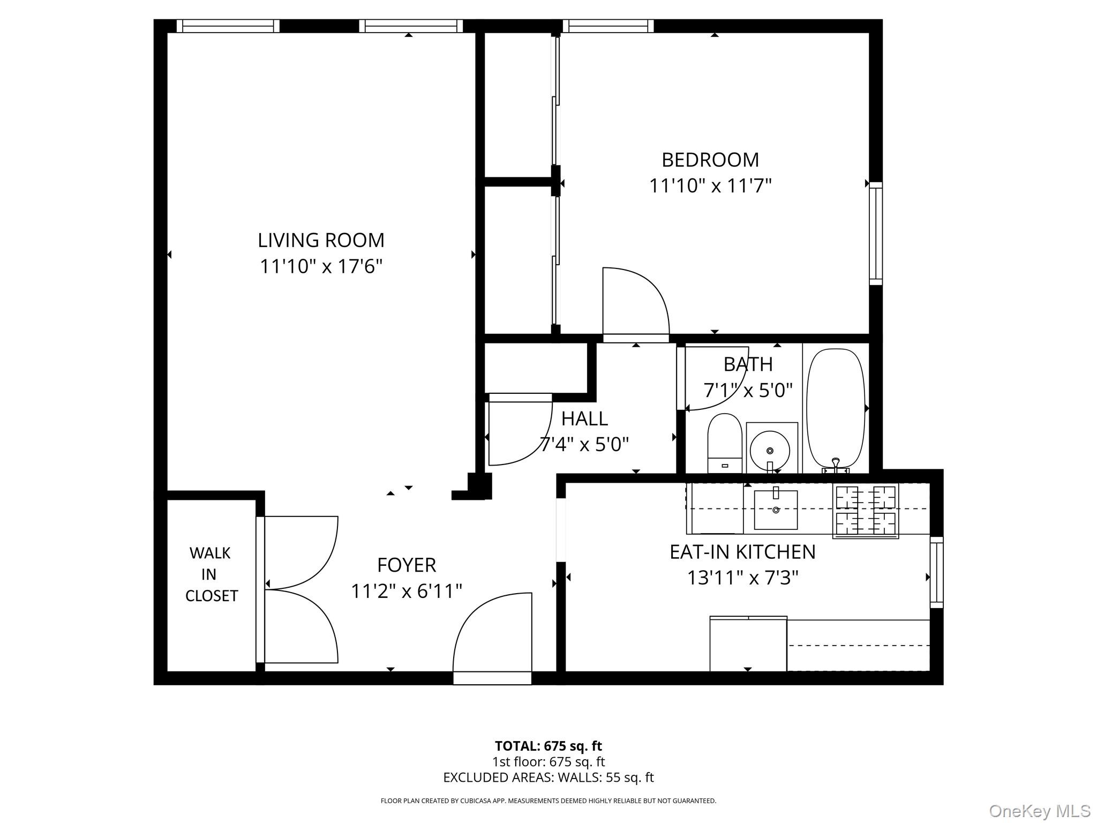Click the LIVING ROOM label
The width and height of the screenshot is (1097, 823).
pos(321,240)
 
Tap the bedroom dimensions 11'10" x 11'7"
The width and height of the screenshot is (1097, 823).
pos(710,186)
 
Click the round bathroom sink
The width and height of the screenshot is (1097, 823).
pos(770,450)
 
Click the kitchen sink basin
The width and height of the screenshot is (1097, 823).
pos(776,509)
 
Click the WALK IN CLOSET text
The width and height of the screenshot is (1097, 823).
pos(211,574)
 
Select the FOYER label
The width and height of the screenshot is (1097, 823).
pos(407,565)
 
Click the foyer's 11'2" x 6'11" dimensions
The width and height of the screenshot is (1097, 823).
pos(407,591)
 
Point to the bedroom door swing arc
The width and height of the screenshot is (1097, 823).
pos(637,300)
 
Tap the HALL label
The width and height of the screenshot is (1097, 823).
pos(584,418)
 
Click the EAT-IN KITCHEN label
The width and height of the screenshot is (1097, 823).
pos(742,551)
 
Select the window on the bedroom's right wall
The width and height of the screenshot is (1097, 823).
pos(875,233)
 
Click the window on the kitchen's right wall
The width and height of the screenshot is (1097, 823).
pos(936,572)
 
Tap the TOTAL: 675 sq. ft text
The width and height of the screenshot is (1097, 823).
pos(548,746)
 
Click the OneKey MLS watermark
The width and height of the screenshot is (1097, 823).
pos(1039,811)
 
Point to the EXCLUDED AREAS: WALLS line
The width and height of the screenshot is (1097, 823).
pos(548,777)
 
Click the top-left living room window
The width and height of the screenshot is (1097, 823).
pos(228,26)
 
